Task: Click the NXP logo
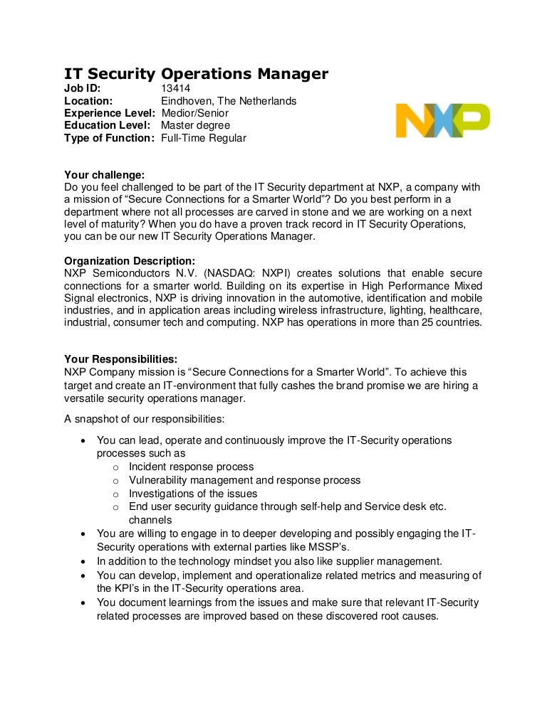(x=442, y=120)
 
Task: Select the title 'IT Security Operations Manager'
(x=196, y=73)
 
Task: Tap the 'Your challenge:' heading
(x=104, y=175)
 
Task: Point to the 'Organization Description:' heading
(x=130, y=260)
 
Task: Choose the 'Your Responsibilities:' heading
(x=121, y=358)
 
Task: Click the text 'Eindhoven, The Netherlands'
(x=229, y=101)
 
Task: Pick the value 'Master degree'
(x=196, y=126)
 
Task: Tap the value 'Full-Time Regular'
(x=204, y=138)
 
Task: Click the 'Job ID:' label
(x=83, y=88)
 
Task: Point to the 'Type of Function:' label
(x=109, y=138)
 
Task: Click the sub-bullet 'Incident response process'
(x=191, y=467)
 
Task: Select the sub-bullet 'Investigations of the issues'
(x=193, y=493)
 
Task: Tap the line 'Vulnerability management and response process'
(x=244, y=480)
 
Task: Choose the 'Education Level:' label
(x=107, y=126)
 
